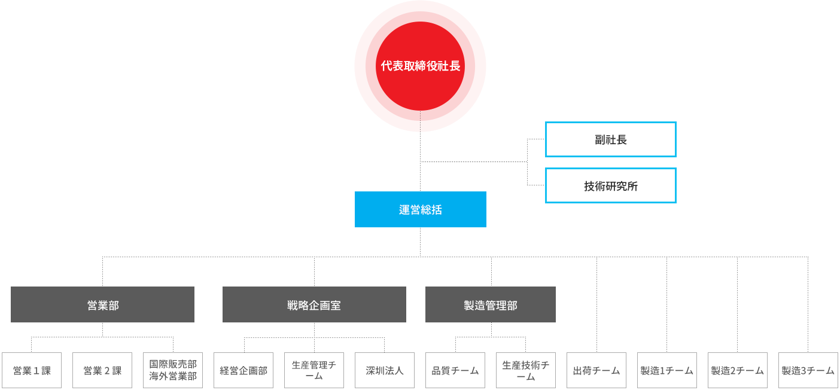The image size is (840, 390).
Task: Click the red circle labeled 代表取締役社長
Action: pos(420,66)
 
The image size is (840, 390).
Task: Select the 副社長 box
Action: pos(610,139)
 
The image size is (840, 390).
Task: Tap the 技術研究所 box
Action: pos(610,185)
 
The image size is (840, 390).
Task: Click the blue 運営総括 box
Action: pos(420,209)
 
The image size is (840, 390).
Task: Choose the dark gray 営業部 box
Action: pos(102,304)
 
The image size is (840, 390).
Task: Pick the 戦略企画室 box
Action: pos(314,304)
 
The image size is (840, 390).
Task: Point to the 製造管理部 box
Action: pos(491,304)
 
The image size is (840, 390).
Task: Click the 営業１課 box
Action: pos(32,370)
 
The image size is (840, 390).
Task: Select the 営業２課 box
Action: pos(102,370)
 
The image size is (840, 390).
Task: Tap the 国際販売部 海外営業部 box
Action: pos(173,370)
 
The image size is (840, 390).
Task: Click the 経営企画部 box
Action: pos(244,370)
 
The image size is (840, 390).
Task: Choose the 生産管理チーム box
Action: pos(314,370)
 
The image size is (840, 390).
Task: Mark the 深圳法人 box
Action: pos(385,370)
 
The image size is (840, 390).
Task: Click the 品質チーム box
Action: pos(455,370)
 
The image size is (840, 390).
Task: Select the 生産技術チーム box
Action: pos(526,370)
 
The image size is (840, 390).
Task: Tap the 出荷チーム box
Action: pos(596,370)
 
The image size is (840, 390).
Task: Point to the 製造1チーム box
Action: pos(667,370)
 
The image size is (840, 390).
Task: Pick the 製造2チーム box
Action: pos(738,370)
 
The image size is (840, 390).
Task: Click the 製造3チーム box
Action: pos(808,370)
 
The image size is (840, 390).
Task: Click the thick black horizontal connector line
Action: pos(473,162)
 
